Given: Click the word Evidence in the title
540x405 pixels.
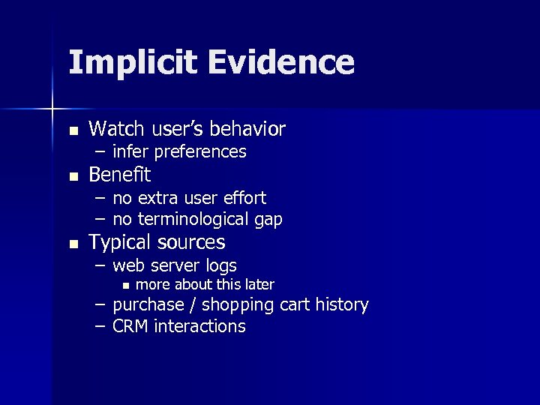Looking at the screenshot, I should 281,63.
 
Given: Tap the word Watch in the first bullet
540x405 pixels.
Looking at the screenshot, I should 112,130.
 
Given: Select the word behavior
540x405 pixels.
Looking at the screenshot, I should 250,130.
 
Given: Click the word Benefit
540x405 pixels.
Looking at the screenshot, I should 119,175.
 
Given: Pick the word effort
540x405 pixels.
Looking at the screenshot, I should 244,198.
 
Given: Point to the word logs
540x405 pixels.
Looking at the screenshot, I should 222,265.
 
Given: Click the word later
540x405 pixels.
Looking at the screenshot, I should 257,285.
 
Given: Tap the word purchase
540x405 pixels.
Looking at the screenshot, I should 148,305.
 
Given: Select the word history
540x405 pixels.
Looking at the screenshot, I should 342,305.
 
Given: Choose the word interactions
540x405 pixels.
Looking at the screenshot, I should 199,326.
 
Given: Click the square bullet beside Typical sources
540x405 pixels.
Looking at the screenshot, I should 73,244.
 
